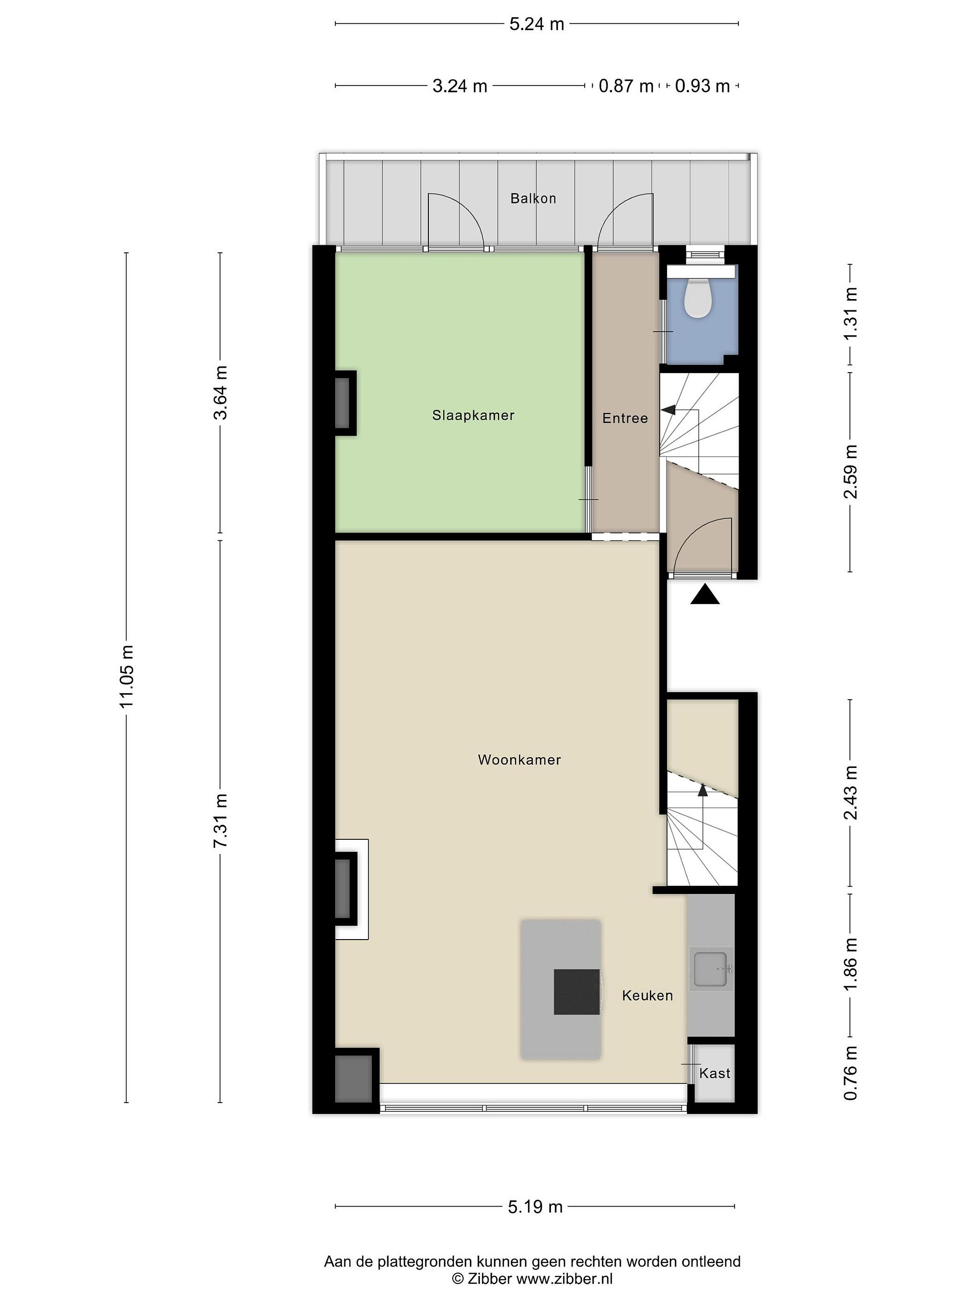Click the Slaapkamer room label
tap(473, 415)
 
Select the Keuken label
tap(647, 995)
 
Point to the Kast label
tap(715, 1073)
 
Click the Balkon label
tap(533, 198)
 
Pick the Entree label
tap(625, 418)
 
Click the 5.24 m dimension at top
tap(536, 24)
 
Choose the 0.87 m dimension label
tap(626, 86)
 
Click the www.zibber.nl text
tap(564, 1279)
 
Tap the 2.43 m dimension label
tap(850, 793)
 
